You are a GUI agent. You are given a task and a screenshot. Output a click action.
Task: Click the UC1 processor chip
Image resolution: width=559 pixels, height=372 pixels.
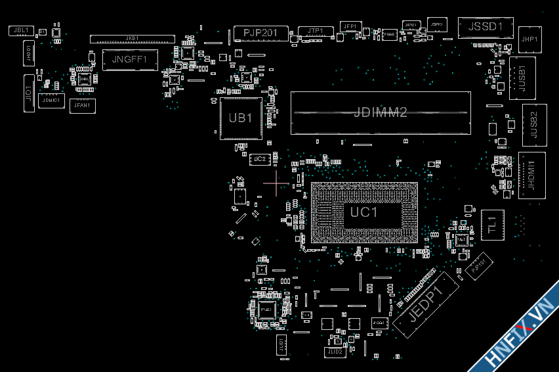[x=363, y=212]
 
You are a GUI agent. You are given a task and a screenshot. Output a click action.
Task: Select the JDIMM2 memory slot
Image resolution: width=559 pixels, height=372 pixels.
[x=381, y=112]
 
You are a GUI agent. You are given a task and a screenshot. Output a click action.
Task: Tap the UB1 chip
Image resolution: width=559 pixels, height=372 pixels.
[x=241, y=118]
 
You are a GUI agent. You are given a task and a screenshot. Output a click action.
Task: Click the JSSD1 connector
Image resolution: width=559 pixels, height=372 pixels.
[x=485, y=27]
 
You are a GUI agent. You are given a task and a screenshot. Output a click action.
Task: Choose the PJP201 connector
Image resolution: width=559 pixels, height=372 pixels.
[x=260, y=33]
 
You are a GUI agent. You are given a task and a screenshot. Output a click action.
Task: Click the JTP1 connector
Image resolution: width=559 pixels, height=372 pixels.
[x=315, y=31]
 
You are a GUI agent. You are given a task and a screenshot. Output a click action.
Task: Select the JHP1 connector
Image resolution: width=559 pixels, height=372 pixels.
[x=529, y=39]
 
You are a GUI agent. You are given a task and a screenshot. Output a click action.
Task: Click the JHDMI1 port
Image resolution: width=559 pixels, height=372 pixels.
[x=531, y=175]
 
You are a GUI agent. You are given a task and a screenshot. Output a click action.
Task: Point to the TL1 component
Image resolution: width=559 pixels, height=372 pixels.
[x=492, y=225]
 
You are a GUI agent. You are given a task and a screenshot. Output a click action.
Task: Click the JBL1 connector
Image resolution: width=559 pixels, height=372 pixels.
[x=20, y=30]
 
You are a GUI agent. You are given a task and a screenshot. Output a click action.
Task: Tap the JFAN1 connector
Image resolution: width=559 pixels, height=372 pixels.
[x=83, y=105]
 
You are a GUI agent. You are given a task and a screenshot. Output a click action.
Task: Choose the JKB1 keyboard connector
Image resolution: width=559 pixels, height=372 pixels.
[x=132, y=39]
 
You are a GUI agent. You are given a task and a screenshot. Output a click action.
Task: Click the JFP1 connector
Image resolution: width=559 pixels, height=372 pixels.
[x=350, y=26]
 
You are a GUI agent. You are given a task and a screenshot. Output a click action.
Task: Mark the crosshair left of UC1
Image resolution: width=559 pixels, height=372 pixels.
[x=276, y=183]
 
